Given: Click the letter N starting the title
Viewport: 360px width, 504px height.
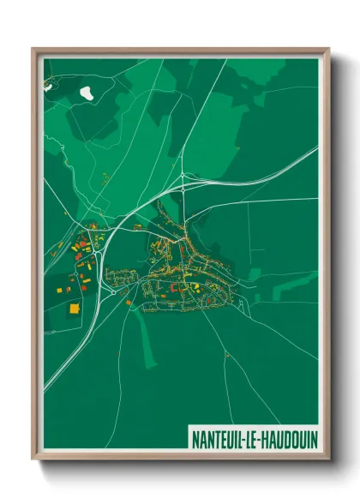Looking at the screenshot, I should coord(194,437).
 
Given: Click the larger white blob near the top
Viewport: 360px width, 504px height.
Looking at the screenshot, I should coord(87,91).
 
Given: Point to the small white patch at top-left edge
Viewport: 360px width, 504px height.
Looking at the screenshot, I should coord(49,85).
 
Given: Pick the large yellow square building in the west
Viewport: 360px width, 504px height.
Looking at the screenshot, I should coord(74,306).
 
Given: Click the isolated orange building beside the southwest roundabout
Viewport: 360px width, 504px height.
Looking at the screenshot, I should coord(129,301).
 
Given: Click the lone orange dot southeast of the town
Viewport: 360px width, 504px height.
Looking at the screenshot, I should coord(225,353).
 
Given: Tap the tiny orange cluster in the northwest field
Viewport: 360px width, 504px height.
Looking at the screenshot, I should coord(105,177).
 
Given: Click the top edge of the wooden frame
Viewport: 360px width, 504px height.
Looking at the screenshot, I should coord(180,51).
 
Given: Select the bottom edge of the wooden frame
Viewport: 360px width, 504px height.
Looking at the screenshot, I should coord(180,455).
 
